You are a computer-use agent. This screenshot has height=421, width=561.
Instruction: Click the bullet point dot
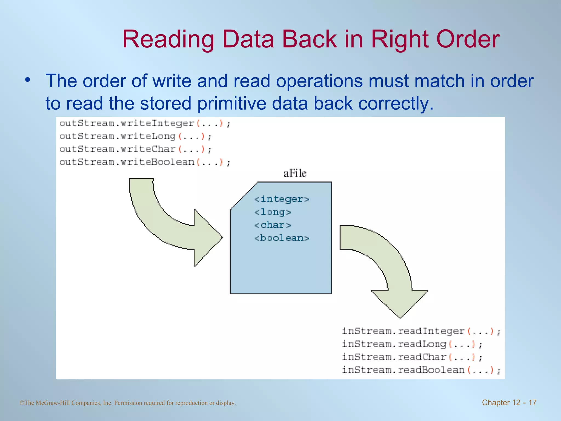pos(27,80)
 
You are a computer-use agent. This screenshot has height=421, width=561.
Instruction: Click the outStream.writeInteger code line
pos(145,124)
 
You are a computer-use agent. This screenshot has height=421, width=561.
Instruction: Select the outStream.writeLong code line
pos(135,136)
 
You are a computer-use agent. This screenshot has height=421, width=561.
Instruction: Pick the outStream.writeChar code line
pos(135,149)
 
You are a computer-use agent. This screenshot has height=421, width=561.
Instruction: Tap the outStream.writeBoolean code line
pos(145,162)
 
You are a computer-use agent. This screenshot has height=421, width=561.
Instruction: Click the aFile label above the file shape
pos(295,173)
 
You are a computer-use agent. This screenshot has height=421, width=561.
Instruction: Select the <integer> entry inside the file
pos(282,199)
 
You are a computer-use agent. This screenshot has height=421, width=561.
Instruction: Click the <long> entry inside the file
pos(272,212)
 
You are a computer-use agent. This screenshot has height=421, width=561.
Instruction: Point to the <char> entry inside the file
pos(272,225)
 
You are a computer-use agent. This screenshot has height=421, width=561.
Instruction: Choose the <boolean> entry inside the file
pos(282,238)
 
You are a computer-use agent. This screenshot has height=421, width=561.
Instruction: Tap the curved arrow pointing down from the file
pos(389,269)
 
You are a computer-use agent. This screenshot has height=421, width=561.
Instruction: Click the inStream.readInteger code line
pos(421,331)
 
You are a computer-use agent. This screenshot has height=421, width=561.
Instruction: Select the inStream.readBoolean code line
pos(421,370)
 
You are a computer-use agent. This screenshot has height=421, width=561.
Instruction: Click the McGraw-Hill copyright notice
pos(128,403)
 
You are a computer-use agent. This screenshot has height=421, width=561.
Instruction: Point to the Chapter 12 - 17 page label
pos(509,402)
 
